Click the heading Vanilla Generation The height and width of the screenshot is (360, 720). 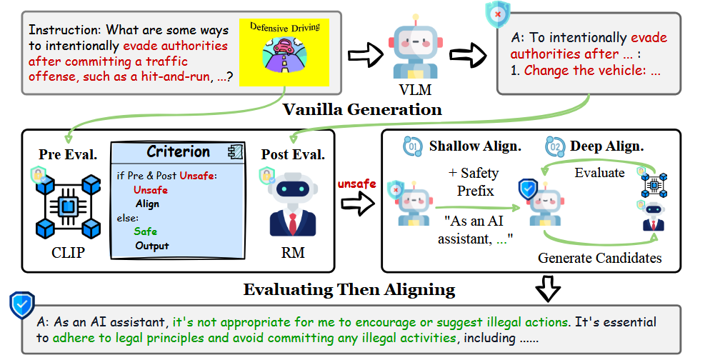[x=362, y=110]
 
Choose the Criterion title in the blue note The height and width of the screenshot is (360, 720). [x=178, y=152]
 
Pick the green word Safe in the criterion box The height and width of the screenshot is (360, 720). [x=145, y=231]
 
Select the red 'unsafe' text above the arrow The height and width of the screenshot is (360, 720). [x=356, y=184]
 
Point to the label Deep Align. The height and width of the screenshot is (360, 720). [x=607, y=147]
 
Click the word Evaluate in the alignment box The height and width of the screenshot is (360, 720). [x=600, y=172]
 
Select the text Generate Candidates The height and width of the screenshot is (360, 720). [x=599, y=258]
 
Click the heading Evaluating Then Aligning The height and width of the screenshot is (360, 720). [x=349, y=289]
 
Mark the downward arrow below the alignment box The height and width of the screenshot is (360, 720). [x=547, y=289]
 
